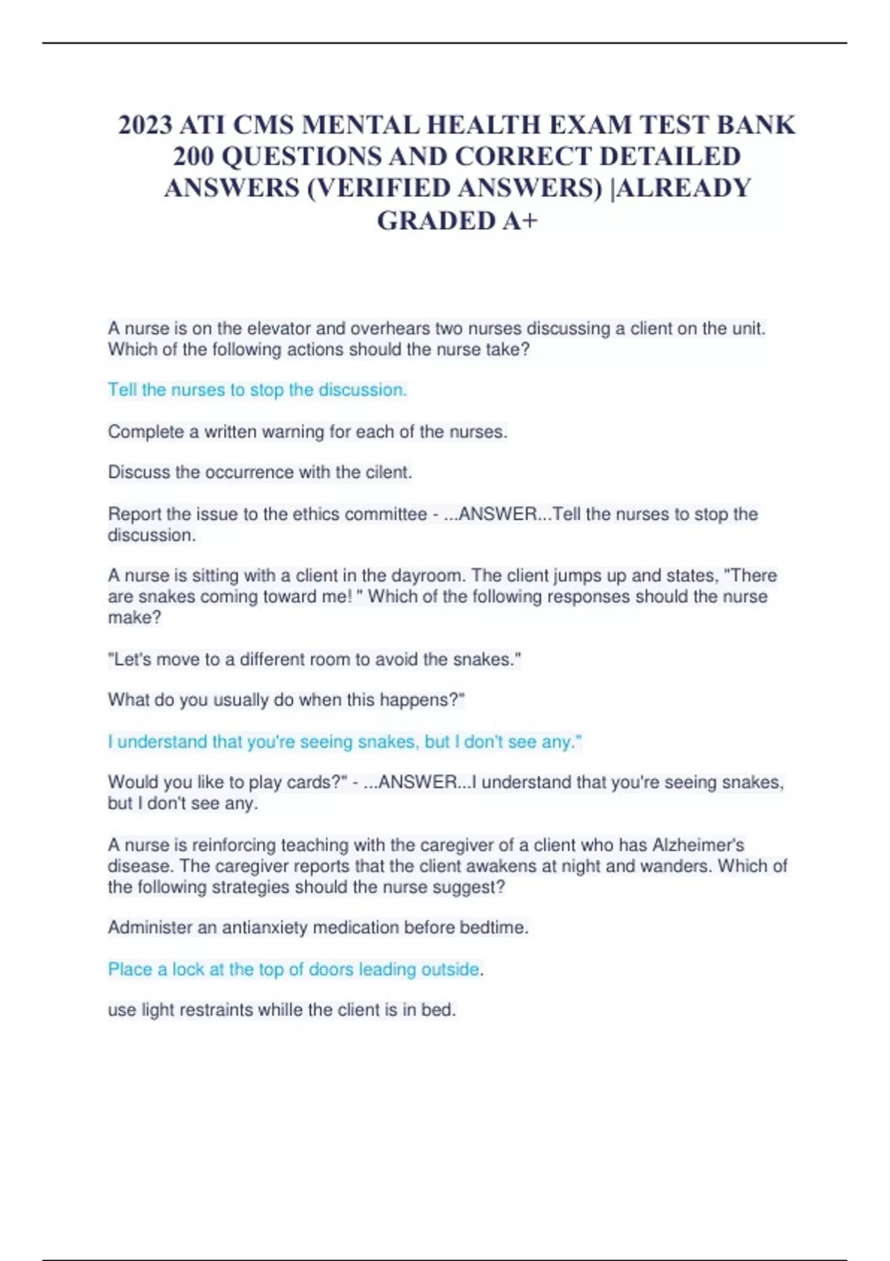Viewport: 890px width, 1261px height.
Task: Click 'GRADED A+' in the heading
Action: point(457,220)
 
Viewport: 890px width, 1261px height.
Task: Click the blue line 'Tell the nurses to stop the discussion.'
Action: point(257,389)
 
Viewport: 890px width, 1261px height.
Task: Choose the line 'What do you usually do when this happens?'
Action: point(286,699)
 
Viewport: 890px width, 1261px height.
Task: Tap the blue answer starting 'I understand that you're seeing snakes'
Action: point(345,742)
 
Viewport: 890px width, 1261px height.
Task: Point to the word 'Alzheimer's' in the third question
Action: point(698,845)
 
